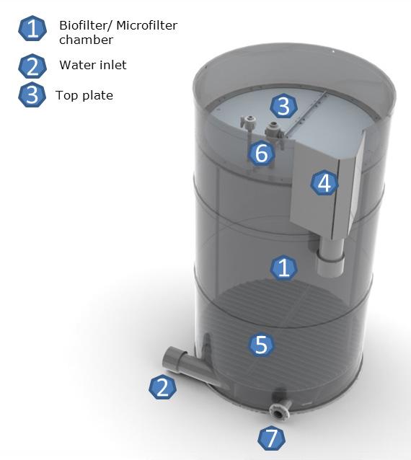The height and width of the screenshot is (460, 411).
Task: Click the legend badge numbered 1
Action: [x=32, y=28]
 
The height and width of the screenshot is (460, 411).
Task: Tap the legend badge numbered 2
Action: [x=32, y=66]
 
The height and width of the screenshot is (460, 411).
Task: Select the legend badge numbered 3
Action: [x=32, y=95]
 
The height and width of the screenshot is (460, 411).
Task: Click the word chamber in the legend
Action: [x=86, y=40]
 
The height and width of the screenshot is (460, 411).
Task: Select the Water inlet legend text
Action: [x=93, y=65]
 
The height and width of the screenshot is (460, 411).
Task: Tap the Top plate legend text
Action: [x=84, y=96]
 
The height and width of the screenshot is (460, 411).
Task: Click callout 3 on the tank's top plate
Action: [x=283, y=106]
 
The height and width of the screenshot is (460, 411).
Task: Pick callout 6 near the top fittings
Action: [x=262, y=153]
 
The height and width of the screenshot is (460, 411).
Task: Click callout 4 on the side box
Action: [x=324, y=183]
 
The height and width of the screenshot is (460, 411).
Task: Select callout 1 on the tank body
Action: [x=283, y=267]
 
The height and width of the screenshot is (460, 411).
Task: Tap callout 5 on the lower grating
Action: [x=261, y=345]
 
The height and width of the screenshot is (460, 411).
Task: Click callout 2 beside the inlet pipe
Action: [x=162, y=386]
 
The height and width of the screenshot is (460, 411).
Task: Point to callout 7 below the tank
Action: [x=272, y=438]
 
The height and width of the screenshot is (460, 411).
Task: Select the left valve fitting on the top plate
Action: [x=248, y=123]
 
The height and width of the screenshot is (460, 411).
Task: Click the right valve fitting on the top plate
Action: [x=274, y=130]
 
